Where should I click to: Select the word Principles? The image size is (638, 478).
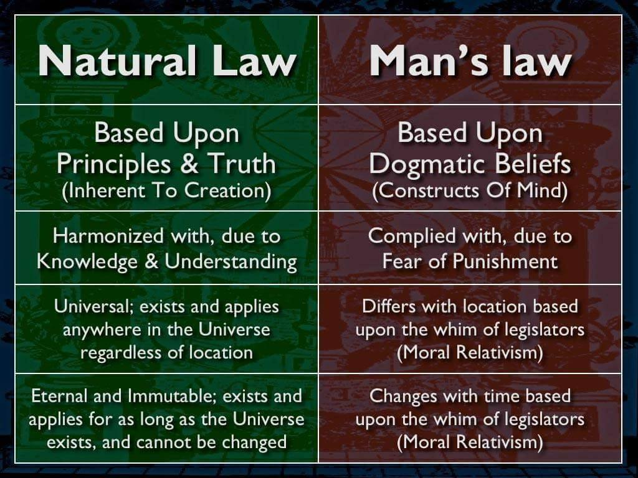(113, 165)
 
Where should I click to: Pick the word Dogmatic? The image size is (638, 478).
(427, 165)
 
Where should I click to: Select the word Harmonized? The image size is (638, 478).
(108, 236)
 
